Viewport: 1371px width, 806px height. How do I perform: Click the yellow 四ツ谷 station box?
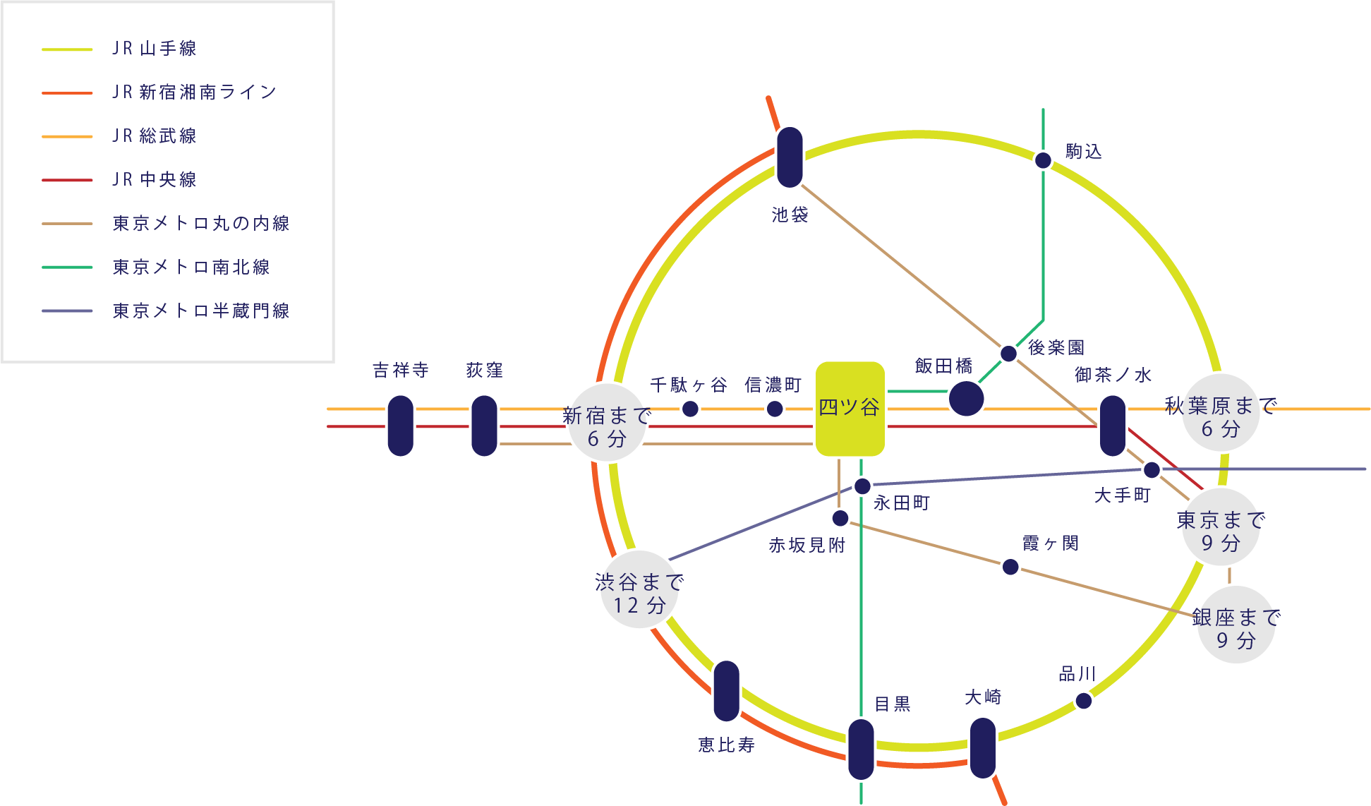tap(850, 409)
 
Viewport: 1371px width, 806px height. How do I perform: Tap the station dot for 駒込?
tap(1043, 160)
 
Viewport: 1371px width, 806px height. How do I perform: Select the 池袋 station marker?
tap(790, 157)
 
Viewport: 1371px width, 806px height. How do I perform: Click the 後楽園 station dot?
tap(1009, 354)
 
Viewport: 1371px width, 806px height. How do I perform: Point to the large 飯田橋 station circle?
tap(966, 399)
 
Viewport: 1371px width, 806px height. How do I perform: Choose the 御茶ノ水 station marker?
tap(1113, 426)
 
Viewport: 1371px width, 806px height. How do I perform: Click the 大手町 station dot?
tap(1152, 469)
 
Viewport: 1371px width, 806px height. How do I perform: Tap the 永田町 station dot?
tap(862, 486)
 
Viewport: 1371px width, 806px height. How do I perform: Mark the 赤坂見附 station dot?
tap(840, 519)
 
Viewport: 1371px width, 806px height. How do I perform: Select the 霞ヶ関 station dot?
tap(1010, 567)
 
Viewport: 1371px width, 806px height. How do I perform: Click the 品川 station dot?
tap(1084, 701)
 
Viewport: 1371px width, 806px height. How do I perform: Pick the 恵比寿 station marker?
tap(726, 691)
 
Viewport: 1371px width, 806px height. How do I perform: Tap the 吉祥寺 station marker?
tap(401, 426)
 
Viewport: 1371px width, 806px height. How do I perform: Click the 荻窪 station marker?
tap(484, 426)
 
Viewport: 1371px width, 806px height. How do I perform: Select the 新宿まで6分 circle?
tap(607, 422)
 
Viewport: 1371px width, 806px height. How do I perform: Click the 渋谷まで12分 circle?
tap(639, 589)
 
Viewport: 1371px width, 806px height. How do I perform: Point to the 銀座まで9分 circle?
tap(1236, 625)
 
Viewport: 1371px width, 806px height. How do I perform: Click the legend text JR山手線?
tap(154, 49)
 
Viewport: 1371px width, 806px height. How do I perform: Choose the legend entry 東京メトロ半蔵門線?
tap(200, 311)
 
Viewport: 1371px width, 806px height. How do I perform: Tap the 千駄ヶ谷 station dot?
tap(690, 409)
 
